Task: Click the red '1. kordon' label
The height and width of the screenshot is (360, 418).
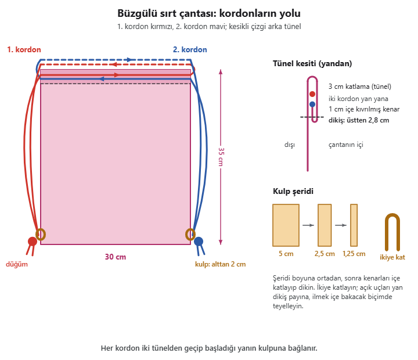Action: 24,49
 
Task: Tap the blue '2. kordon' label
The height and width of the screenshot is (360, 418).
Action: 190,49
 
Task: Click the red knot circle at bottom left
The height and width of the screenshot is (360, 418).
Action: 33,242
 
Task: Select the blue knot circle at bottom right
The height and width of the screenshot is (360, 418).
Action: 199,242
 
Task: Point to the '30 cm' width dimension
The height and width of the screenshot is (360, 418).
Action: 116,257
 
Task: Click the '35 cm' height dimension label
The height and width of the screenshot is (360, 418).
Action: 221,157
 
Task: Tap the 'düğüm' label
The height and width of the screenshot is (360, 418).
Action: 17,264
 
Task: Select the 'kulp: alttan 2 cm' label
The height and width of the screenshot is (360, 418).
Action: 220,264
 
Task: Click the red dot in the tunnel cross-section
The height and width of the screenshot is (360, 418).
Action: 312,94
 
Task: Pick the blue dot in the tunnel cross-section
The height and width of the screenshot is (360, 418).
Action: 312,105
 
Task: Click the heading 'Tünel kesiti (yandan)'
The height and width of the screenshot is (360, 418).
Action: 312,63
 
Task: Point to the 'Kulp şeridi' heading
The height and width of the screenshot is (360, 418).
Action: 293,191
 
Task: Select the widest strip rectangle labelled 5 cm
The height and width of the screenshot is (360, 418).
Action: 286,225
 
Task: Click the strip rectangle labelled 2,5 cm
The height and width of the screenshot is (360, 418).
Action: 325,225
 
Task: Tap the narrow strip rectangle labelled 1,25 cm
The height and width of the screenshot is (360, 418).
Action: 354,225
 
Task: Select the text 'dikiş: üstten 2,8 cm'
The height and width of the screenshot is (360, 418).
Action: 359,120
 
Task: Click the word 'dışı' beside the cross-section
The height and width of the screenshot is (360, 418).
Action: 290,145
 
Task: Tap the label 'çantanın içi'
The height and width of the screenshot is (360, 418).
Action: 346,145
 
